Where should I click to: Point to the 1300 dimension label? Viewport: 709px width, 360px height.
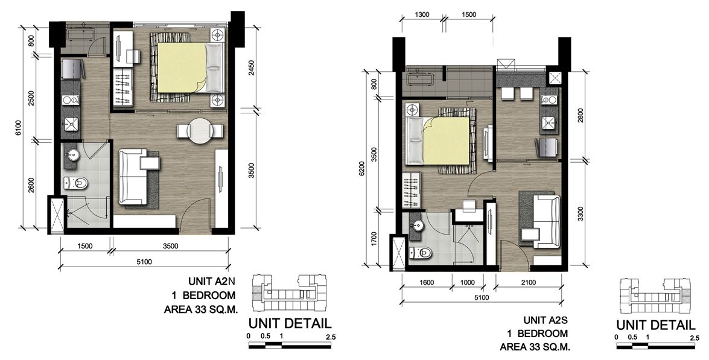pos(421,14)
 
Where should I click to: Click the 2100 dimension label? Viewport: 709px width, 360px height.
pos(528,283)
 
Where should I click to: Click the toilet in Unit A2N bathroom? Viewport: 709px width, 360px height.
pos(76,183)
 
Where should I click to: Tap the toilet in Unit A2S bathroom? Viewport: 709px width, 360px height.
pos(421,253)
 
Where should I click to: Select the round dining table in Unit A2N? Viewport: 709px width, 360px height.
pos(200,130)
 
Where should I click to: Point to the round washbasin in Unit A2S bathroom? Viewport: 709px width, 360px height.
pos(418,225)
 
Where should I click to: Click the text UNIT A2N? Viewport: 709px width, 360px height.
pos(212,282)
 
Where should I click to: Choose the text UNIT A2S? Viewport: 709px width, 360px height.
pos(545,320)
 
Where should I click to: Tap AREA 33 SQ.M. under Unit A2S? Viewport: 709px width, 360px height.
pos(535,347)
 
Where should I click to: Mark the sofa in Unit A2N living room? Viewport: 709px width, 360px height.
pos(133,177)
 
